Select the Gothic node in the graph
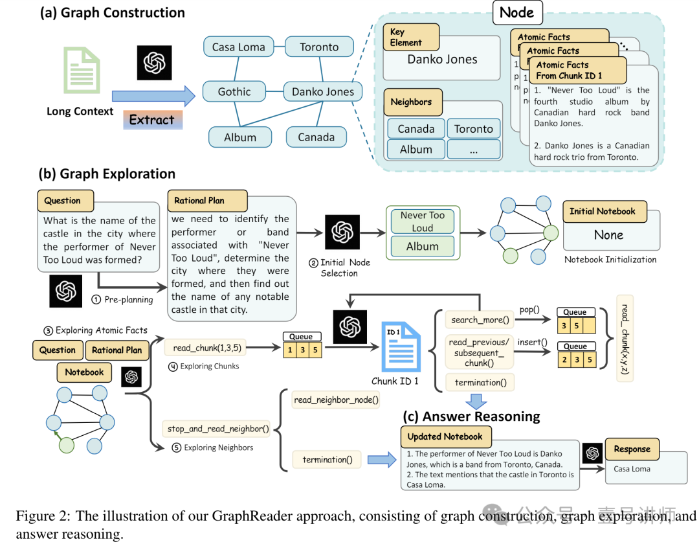click(x=234, y=91)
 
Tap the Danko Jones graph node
click(x=323, y=91)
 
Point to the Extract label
click(x=151, y=120)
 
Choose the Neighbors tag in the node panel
click(x=411, y=102)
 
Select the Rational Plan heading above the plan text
click(x=199, y=201)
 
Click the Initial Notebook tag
click(x=602, y=211)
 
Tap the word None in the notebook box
click(x=608, y=235)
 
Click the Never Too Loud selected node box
click(x=423, y=221)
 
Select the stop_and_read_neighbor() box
click(x=218, y=428)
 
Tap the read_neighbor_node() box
click(x=336, y=400)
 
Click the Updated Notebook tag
click(x=445, y=436)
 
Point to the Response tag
click(x=632, y=449)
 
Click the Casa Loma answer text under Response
click(x=632, y=469)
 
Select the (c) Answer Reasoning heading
click(x=471, y=416)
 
